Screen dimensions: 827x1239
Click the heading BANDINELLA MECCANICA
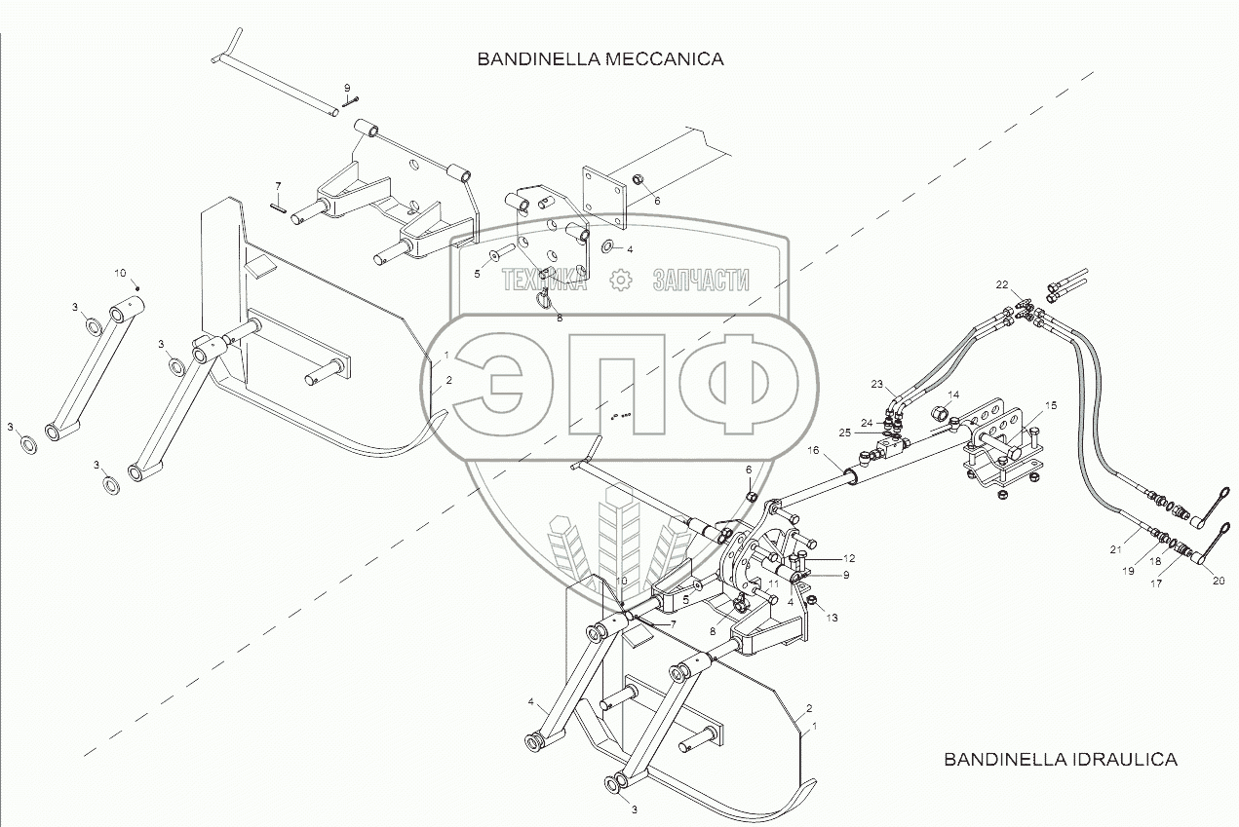click(600, 59)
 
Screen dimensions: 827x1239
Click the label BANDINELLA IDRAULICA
click(1060, 760)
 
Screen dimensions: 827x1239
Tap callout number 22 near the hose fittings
click(1002, 284)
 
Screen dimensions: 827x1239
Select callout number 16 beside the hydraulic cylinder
click(813, 452)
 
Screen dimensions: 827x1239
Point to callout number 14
click(953, 395)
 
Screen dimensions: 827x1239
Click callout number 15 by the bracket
click(1051, 404)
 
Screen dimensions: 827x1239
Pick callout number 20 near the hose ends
click(1219, 581)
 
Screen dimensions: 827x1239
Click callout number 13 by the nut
click(832, 617)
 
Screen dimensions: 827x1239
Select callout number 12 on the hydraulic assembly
click(849, 559)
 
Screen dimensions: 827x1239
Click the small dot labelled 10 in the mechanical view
click(137, 286)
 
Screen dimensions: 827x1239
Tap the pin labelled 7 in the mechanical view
click(278, 206)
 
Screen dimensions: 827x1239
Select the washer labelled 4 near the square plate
click(609, 246)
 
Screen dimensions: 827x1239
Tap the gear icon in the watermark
click(618, 281)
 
